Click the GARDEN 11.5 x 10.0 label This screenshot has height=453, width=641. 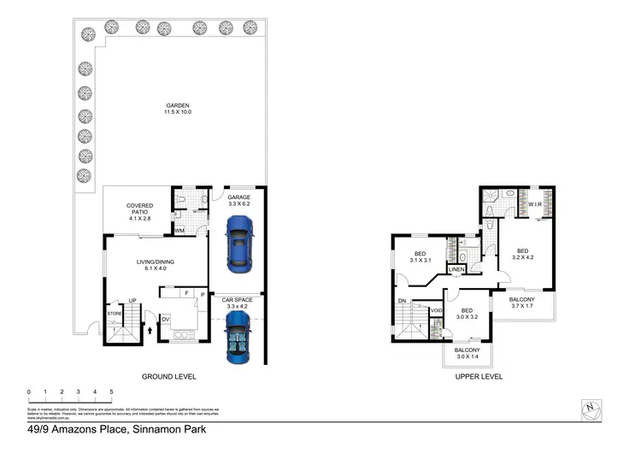coord(177,109)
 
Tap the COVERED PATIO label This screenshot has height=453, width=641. coord(139,210)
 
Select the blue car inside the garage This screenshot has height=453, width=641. coord(239,242)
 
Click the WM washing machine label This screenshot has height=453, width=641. coord(179,231)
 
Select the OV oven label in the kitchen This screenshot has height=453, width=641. coord(166,320)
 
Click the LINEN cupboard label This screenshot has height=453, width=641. coord(456,270)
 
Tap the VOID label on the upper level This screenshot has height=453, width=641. coord(436,310)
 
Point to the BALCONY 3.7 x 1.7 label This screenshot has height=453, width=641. coord(522,303)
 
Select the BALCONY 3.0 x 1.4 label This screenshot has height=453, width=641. coord(467,354)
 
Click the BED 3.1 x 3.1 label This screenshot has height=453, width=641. coord(420,256)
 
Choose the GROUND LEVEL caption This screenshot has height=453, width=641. coord(169,376)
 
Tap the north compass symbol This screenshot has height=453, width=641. coord(589,409)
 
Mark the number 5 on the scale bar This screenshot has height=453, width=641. coord(111,391)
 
